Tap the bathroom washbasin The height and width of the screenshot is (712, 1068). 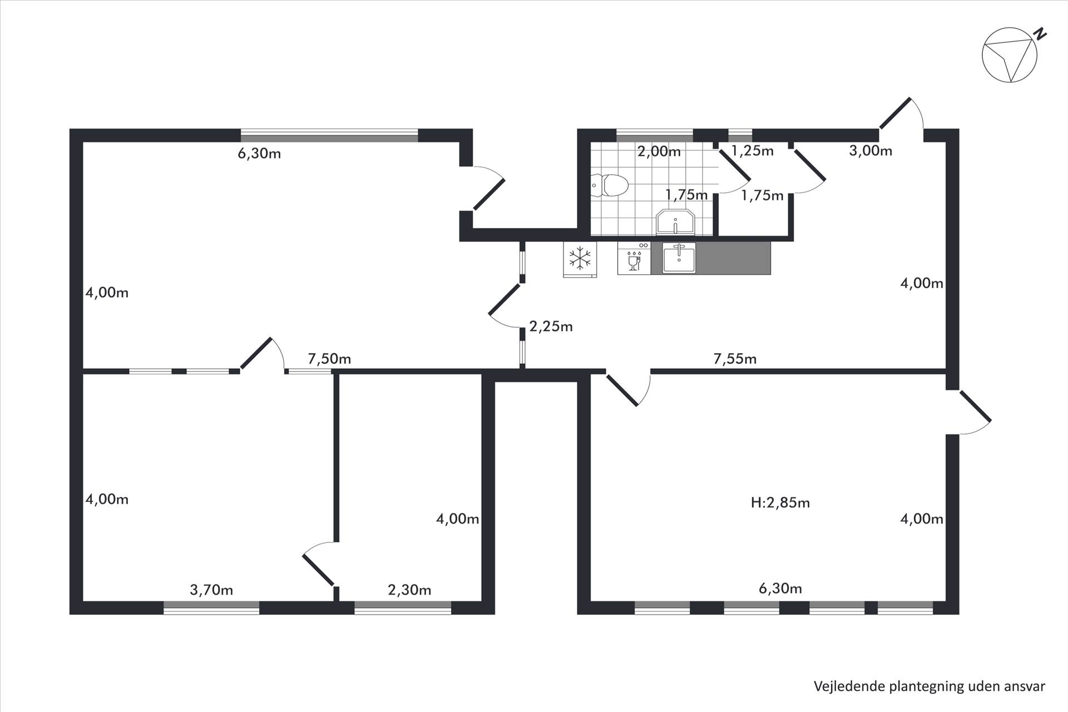point(675,222)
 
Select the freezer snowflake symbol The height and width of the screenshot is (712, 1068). point(580,259)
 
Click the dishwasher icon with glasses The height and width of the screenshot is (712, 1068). point(634,258)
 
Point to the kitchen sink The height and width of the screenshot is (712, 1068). point(679,258)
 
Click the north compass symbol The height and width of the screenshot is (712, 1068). point(1010,55)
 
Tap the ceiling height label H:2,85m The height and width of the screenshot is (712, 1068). point(780,503)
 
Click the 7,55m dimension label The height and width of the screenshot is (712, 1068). point(735,359)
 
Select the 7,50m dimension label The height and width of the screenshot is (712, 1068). point(329,359)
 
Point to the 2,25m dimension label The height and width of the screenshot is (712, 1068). point(551,327)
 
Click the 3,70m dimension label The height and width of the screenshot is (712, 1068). point(211,590)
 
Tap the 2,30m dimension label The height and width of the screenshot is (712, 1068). point(409,590)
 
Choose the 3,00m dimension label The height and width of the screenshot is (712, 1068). point(871,151)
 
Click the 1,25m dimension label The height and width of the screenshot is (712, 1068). point(752,151)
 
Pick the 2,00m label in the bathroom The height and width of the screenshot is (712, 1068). point(659,151)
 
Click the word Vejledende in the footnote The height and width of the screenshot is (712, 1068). point(849,686)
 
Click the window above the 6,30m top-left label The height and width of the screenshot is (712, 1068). point(329,136)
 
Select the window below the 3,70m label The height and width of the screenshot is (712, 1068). point(211,608)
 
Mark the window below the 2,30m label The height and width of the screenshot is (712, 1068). point(403,608)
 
